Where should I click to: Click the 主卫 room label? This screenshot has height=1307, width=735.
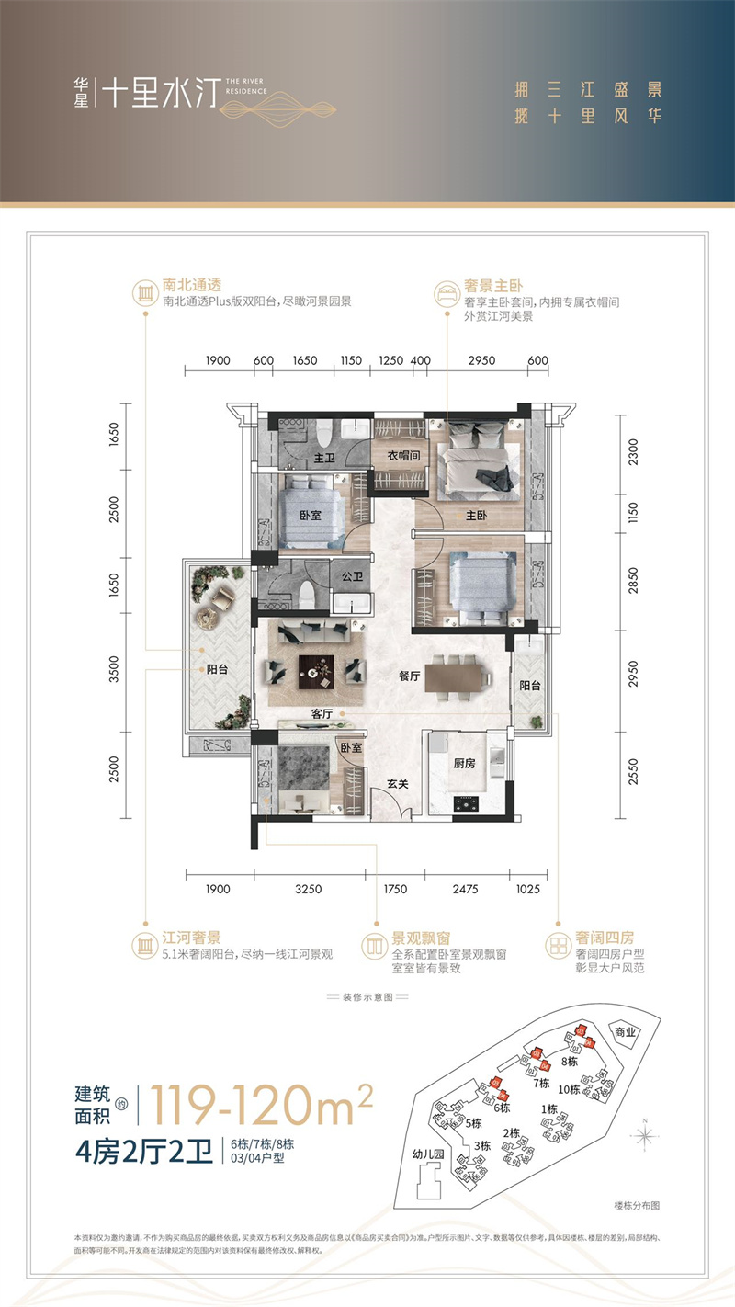click(x=323, y=458)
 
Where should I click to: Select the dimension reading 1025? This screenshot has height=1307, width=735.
click(x=529, y=889)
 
